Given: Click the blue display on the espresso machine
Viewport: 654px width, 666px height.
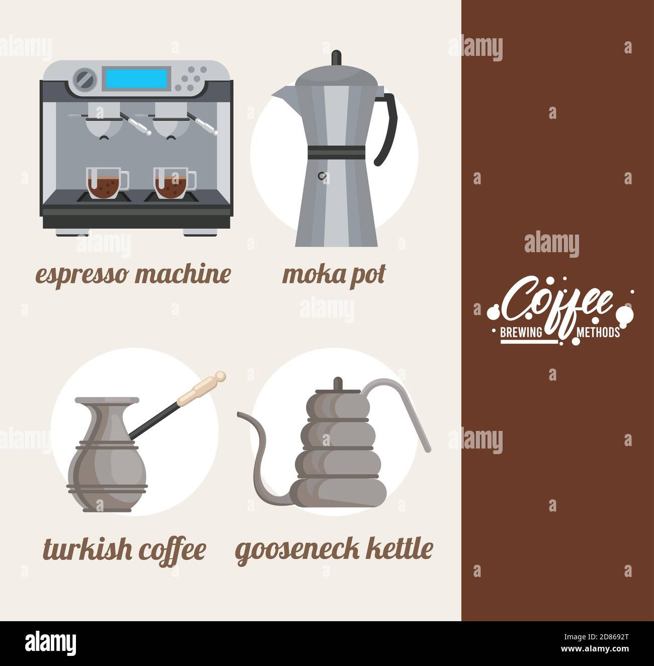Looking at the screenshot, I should [x=136, y=78].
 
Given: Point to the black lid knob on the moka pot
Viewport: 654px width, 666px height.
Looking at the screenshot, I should [x=337, y=57].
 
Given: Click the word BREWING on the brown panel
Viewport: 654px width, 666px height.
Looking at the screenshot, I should [x=521, y=332].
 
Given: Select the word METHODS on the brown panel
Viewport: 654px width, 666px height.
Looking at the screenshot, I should [x=598, y=332].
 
